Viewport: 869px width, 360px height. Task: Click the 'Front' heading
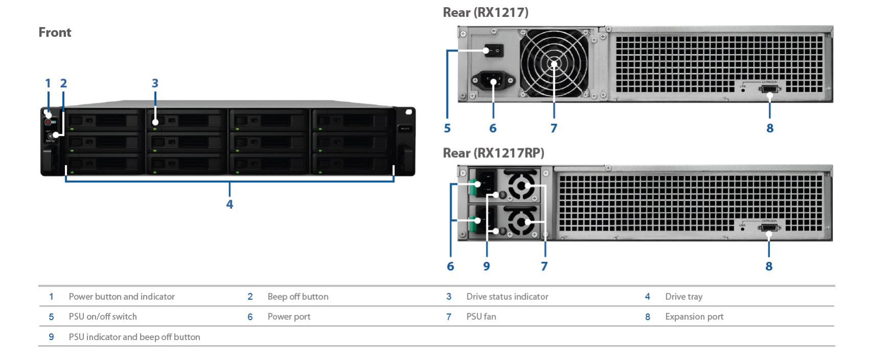click(55, 32)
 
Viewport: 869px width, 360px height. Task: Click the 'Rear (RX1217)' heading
click(485, 12)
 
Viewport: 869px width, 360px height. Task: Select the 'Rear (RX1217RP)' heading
click(493, 153)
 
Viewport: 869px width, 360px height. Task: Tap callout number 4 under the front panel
click(229, 204)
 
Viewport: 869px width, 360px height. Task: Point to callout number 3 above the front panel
click(155, 83)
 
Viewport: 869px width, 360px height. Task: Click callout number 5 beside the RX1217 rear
click(447, 128)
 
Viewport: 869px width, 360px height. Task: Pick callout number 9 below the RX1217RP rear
click(486, 266)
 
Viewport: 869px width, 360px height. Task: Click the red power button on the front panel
click(48, 122)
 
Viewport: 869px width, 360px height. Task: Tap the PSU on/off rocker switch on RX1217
click(494, 51)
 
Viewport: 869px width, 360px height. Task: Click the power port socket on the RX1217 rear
click(493, 80)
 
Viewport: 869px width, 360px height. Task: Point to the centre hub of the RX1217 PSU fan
click(554, 64)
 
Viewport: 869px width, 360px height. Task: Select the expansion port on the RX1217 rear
click(769, 90)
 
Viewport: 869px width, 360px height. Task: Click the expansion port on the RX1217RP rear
click(769, 228)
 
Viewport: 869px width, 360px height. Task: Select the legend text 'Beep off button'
click(298, 297)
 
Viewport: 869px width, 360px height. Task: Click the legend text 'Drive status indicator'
click(507, 297)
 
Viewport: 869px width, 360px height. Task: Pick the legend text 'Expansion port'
click(694, 317)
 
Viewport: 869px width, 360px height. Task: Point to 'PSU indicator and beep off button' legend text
click(134, 337)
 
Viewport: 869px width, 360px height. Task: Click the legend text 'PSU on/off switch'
click(103, 317)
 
